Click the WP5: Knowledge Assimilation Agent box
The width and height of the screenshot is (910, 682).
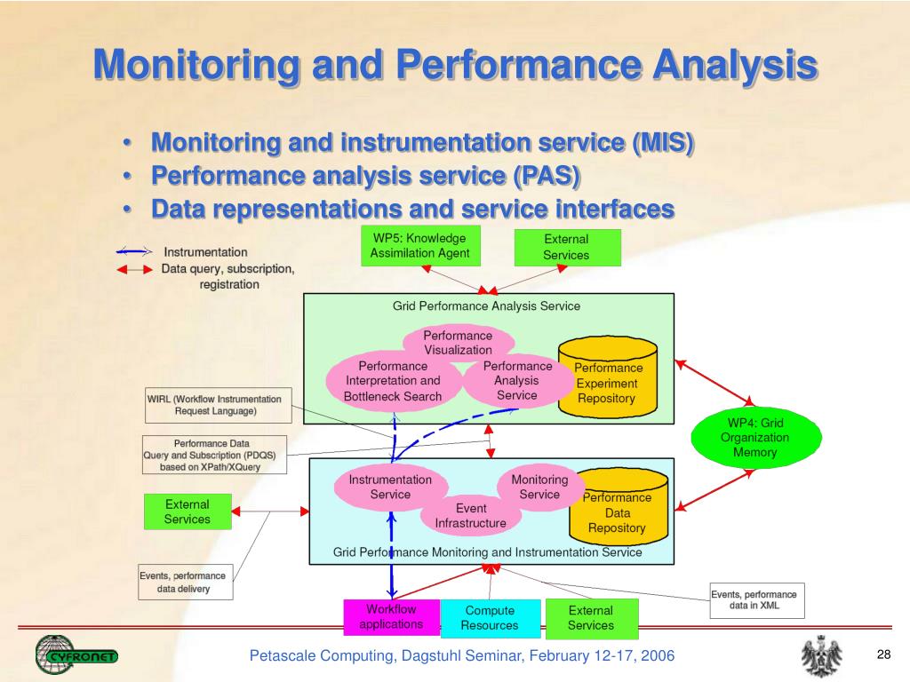pos(420,246)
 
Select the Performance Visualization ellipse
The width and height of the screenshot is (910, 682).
pos(458,343)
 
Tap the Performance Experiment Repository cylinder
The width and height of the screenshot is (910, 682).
pos(608,377)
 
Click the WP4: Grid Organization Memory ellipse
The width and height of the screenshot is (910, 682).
pos(755,437)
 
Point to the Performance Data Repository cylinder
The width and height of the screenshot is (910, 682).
pos(619,507)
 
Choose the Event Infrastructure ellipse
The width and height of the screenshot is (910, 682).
pos(471,516)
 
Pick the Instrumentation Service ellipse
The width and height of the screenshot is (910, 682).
pos(391,488)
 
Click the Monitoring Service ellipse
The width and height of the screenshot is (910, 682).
pos(539,488)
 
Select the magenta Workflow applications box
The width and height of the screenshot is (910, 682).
pos(392,617)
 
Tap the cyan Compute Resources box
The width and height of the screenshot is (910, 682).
pos(491,618)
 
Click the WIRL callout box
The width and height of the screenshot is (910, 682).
pos(219,405)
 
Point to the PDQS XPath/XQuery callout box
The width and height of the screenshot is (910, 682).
pos(215,455)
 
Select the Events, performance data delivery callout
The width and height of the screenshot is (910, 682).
pos(185,582)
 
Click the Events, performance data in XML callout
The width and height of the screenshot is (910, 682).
pos(757,600)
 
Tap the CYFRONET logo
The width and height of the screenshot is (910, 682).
pos(76,655)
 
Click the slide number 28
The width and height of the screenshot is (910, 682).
pos(883,654)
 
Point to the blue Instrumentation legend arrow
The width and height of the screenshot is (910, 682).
pos(134,251)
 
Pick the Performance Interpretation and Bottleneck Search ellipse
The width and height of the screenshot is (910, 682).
pos(394,382)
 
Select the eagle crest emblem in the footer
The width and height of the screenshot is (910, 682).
pos(822,656)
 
